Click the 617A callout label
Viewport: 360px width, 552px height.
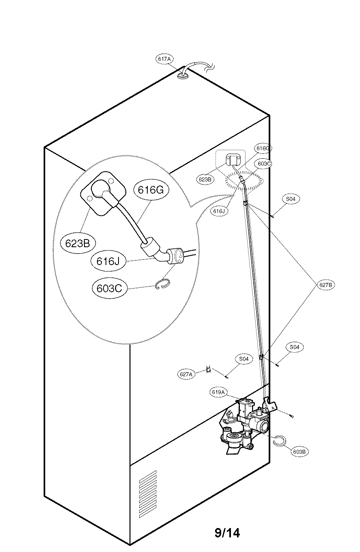164,59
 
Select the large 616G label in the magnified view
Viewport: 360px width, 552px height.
151,190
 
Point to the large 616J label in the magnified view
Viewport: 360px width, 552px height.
107,261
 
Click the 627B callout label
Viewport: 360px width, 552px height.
326,285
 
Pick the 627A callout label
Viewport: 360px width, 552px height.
186,374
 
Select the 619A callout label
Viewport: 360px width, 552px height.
218,392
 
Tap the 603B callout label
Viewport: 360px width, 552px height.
300,451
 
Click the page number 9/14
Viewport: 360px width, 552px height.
227,533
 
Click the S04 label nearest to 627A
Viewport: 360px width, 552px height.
244,359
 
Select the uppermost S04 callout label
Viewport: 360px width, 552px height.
291,199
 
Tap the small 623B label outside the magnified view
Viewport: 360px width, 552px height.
205,179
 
